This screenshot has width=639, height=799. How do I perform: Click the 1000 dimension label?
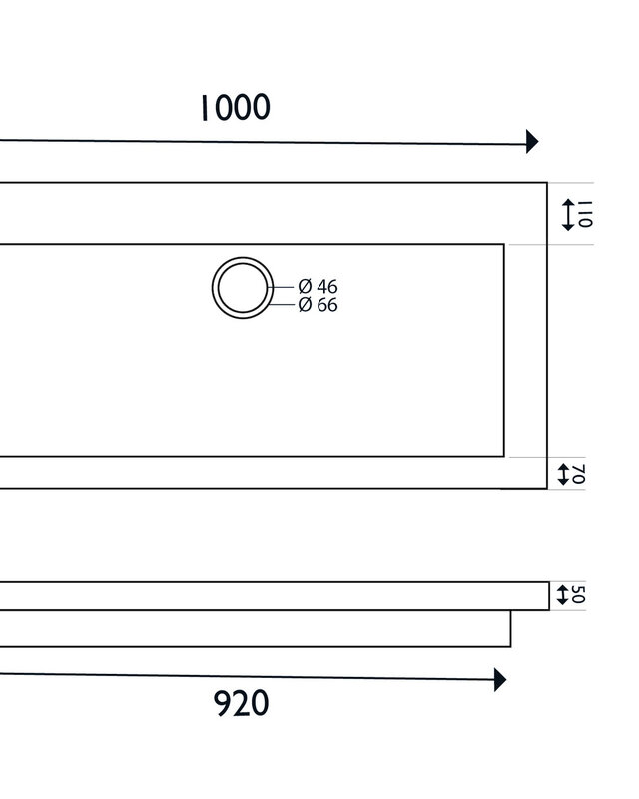[x=235, y=108]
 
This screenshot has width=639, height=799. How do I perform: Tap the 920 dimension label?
[x=241, y=704]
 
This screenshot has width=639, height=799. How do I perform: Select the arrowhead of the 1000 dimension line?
[x=532, y=141]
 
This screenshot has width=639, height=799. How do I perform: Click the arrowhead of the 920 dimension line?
[x=500, y=680]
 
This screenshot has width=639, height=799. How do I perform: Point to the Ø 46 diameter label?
[x=318, y=287]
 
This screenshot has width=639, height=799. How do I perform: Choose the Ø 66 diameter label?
[x=318, y=305]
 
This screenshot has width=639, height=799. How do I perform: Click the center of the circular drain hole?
[x=243, y=288]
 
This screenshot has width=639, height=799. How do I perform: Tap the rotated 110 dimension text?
[x=585, y=214]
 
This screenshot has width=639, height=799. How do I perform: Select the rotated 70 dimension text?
[x=579, y=474]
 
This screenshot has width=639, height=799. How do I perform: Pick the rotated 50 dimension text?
[x=578, y=594]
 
